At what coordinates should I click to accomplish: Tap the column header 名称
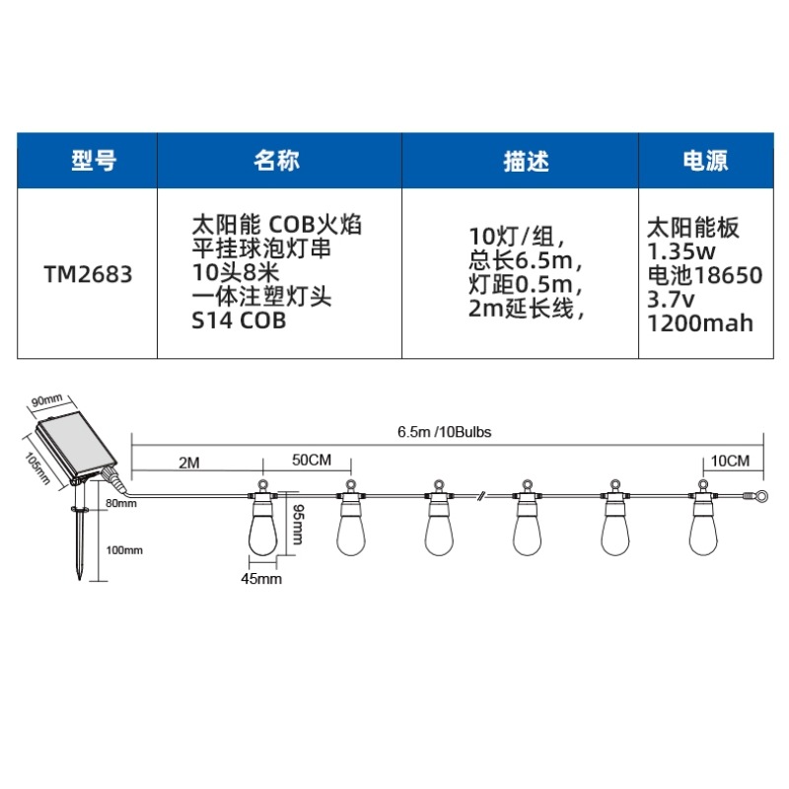point(278,161)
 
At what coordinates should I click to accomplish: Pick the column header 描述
point(520,161)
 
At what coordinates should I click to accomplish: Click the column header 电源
point(706,161)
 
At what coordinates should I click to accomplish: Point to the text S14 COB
point(237,322)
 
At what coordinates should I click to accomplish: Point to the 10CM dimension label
point(729,462)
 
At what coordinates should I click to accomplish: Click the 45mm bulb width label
point(261,579)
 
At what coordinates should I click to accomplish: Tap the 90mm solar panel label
point(46,399)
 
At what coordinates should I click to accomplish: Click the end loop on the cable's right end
point(760,497)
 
